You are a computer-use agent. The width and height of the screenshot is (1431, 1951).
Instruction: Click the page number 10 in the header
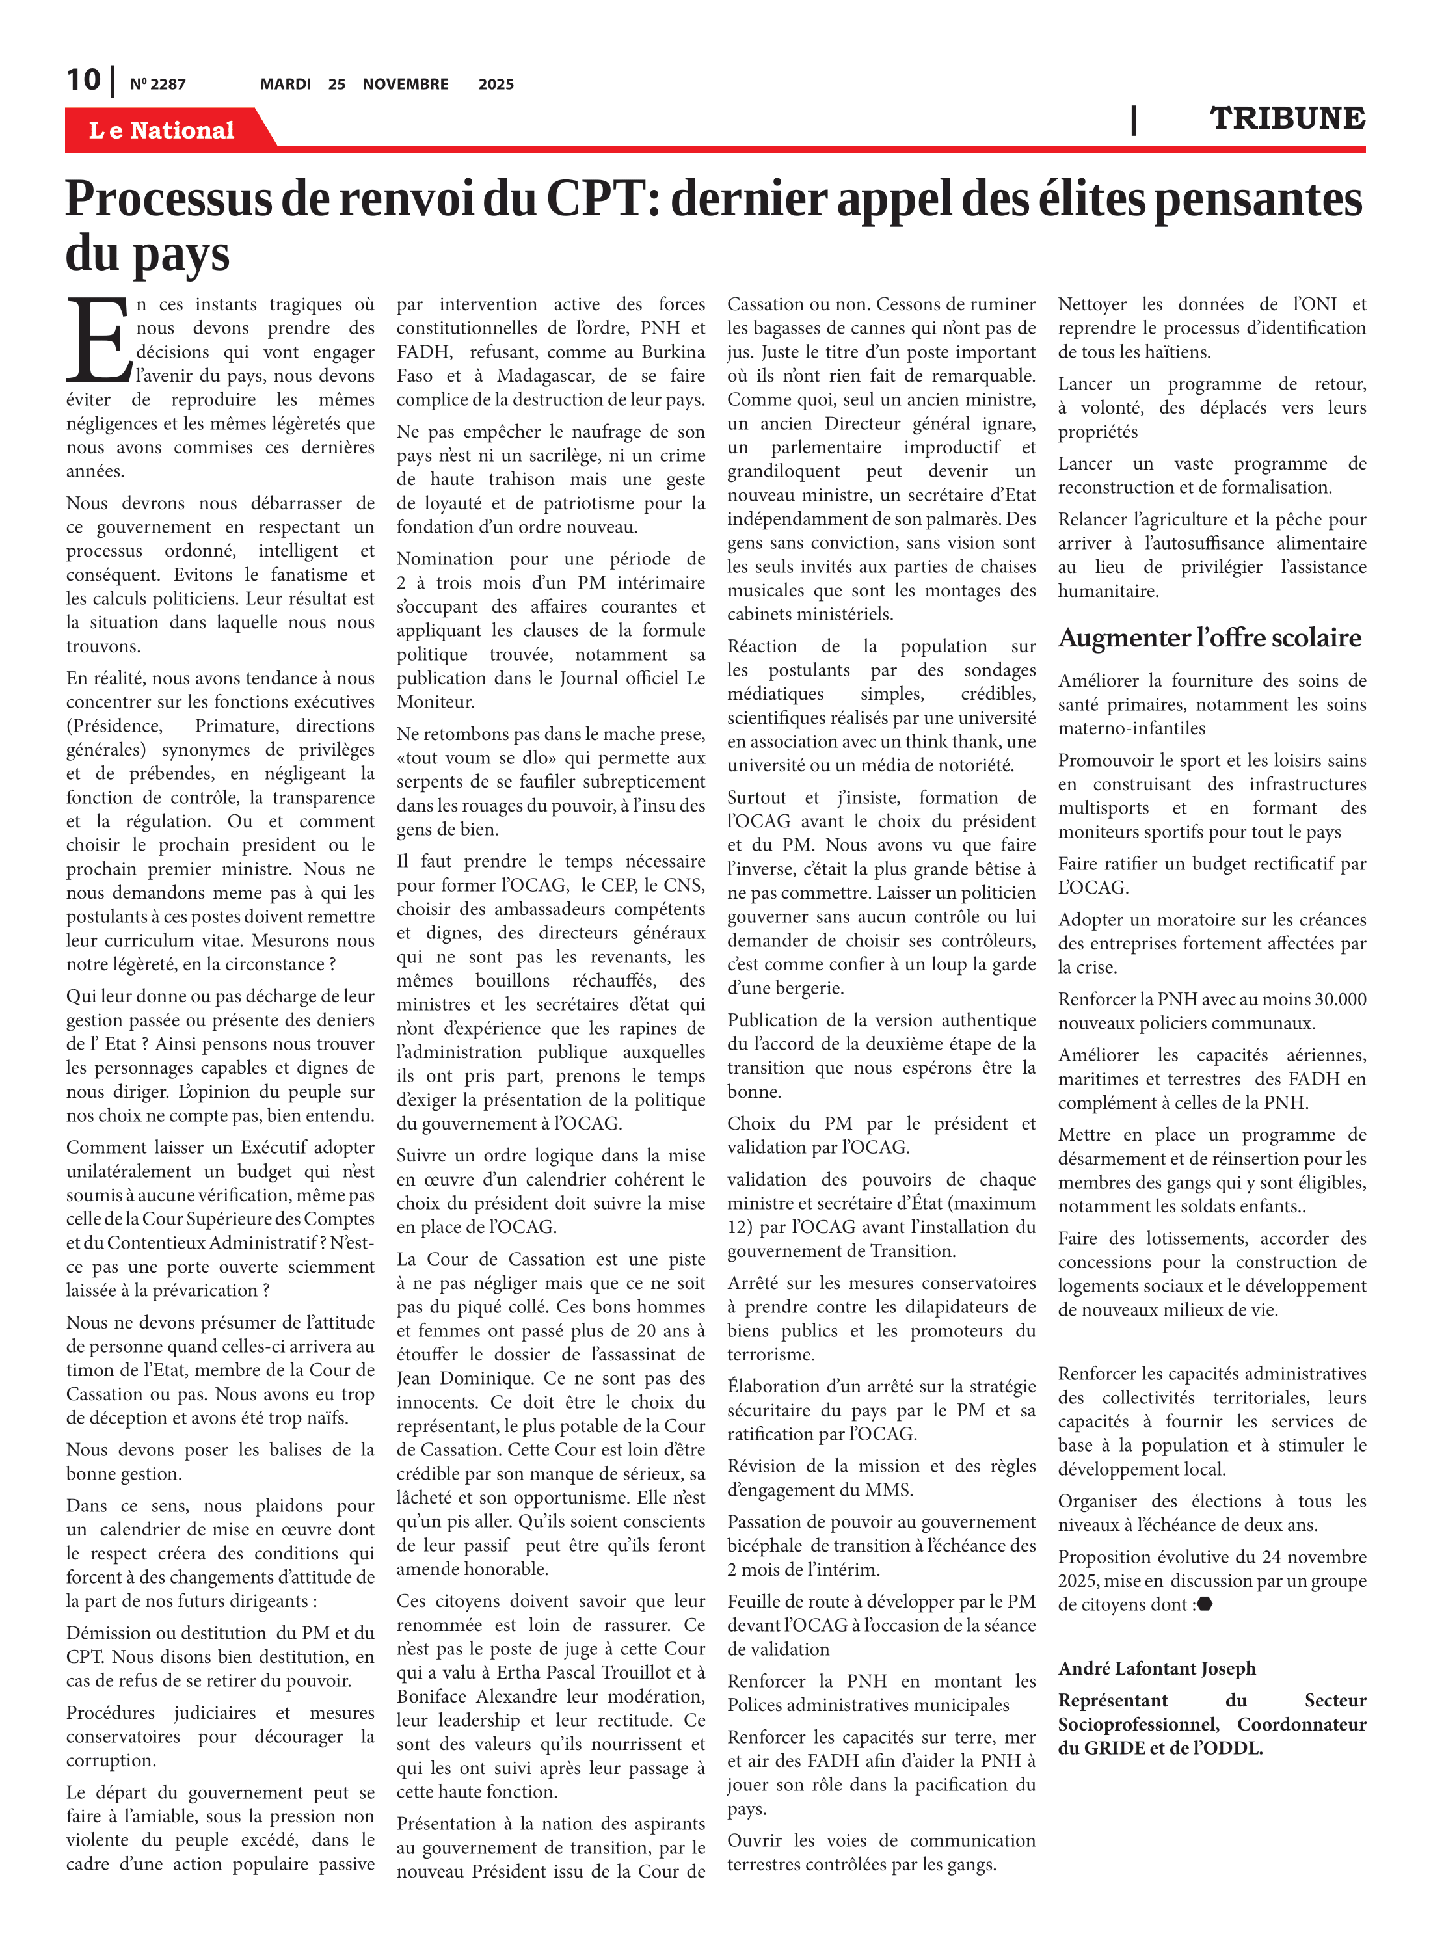point(84,81)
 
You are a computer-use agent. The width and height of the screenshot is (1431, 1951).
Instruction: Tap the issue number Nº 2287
point(157,85)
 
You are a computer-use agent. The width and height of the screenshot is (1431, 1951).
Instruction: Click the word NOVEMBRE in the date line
point(405,84)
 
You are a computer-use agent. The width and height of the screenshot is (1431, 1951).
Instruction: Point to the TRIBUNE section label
point(1287,118)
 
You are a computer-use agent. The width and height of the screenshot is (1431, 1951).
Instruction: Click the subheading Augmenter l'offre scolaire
point(1209,638)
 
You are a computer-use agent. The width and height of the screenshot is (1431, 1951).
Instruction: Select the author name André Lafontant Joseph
point(1157,1669)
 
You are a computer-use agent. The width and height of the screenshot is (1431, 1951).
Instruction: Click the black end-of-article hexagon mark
point(1204,1604)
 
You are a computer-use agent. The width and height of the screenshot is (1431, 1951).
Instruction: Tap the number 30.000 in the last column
point(1340,1000)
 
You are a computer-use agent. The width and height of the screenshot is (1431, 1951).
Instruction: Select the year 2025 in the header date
point(496,84)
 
